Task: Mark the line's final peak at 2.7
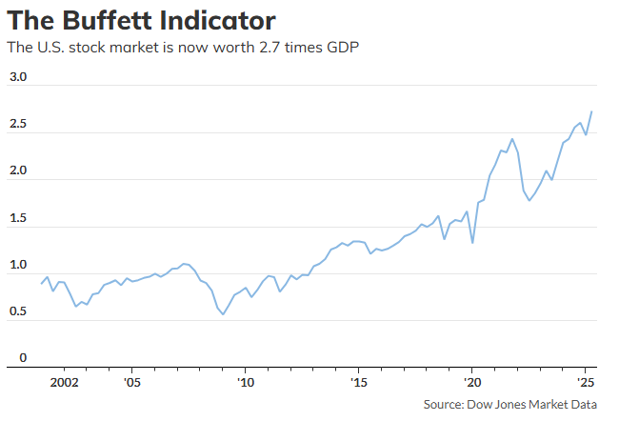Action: coord(592,111)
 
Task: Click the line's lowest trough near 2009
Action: coord(224,314)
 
